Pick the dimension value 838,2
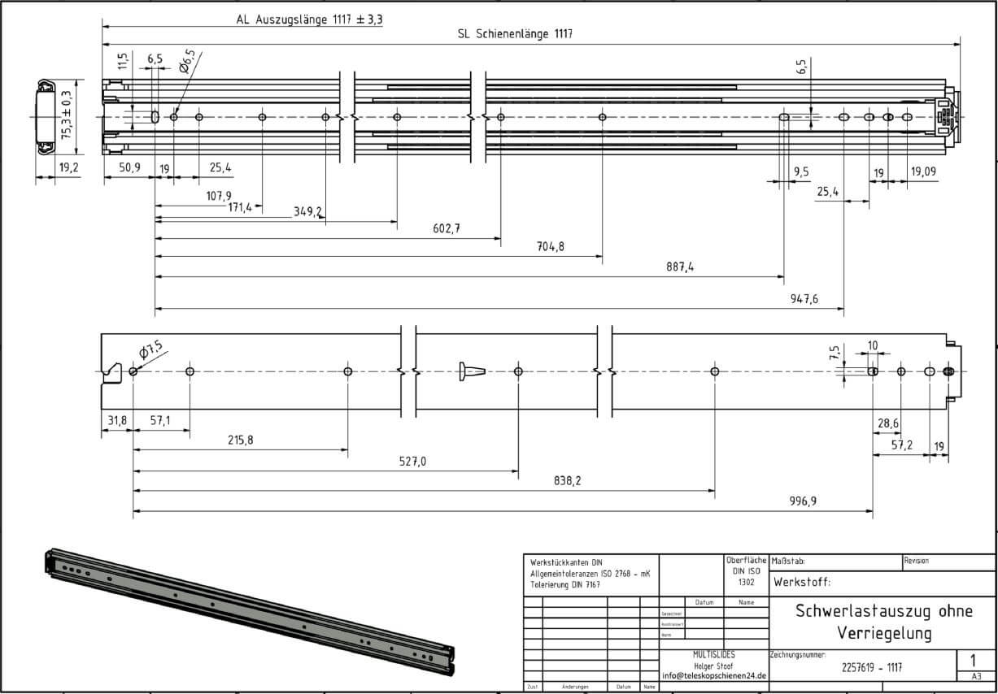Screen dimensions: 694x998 567,481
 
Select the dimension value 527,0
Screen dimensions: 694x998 412,461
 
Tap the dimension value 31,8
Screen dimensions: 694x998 116,420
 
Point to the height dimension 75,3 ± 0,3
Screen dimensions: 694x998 66,116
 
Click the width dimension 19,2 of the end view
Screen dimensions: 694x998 68,168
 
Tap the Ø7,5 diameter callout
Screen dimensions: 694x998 150,350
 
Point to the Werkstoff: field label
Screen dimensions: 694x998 802,582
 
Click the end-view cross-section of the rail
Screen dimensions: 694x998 46,116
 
